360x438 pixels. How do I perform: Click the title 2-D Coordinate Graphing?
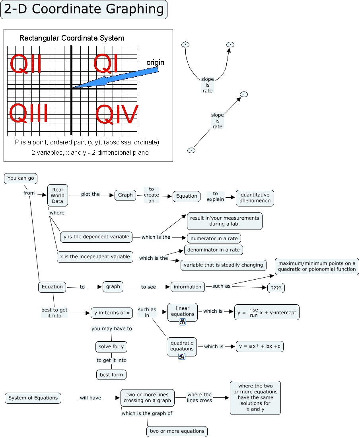(x=84, y=10)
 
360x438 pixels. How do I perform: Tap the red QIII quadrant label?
(x=28, y=114)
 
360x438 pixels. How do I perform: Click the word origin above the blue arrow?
(x=155, y=62)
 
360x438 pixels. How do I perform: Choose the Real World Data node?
(x=58, y=195)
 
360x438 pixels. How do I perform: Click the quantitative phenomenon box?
(x=255, y=198)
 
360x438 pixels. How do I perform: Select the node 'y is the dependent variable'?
(x=96, y=237)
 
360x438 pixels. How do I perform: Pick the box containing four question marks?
(x=276, y=288)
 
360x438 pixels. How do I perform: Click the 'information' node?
(x=188, y=286)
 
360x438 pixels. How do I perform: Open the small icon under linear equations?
(x=183, y=322)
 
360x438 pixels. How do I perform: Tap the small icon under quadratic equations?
(x=181, y=356)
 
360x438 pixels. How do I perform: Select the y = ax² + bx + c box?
(x=260, y=347)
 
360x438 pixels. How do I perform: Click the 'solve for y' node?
(x=111, y=347)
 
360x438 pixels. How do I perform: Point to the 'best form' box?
(x=111, y=375)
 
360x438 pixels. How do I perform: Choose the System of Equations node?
(x=33, y=398)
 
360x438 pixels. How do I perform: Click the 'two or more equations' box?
(x=177, y=431)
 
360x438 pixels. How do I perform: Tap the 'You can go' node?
(x=21, y=178)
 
